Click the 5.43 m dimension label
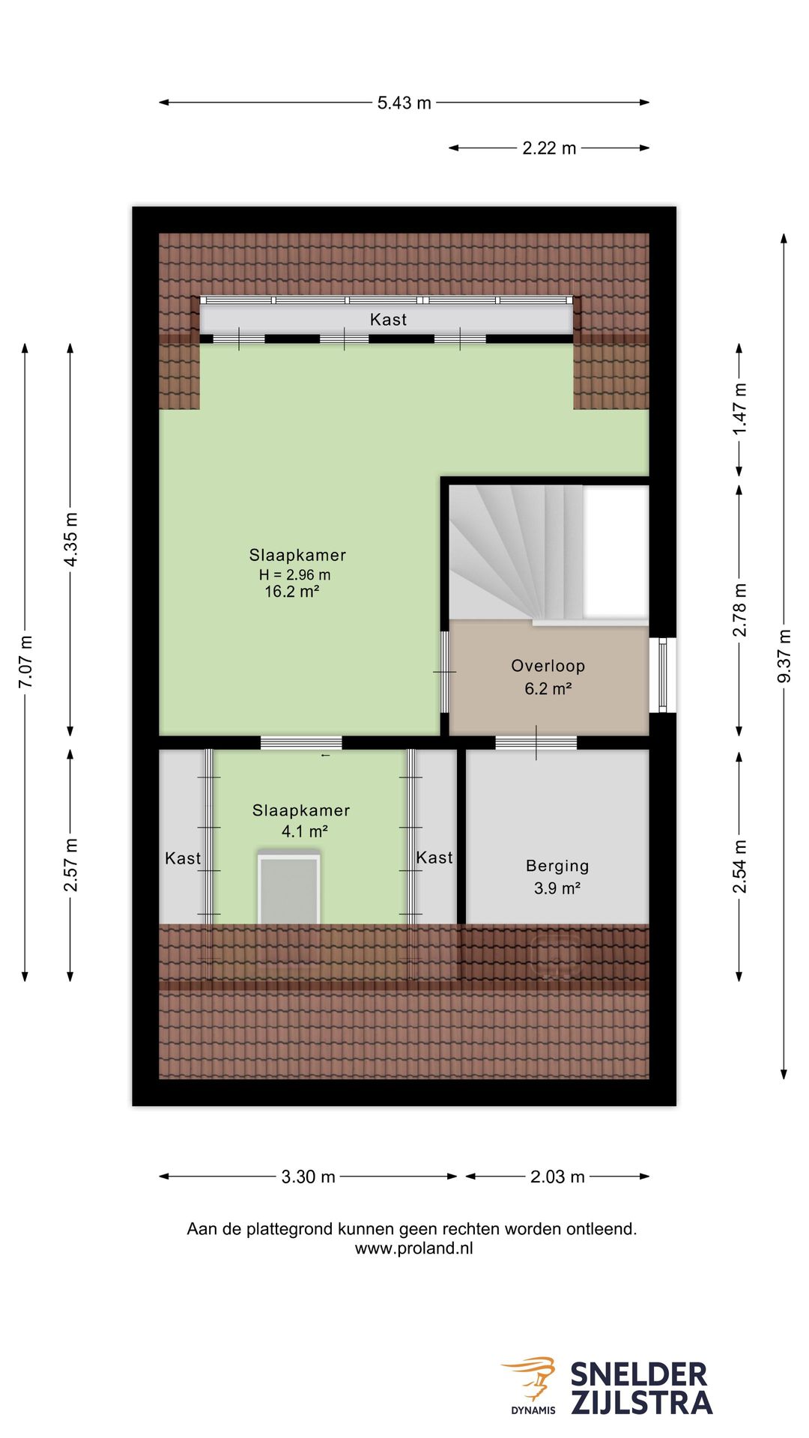(404, 103)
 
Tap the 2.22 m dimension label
(549, 148)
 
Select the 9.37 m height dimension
(784, 656)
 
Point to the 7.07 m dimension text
(25, 662)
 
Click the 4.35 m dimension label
(70, 540)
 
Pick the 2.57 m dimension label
(70, 865)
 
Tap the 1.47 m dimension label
(739, 409)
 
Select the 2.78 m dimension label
(739, 610)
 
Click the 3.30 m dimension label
(308, 1177)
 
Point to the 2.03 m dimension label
(557, 1177)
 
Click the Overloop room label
(548, 666)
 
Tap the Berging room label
(557, 867)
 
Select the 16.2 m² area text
(292, 592)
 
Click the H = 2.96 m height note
(294, 574)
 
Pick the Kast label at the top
(388, 320)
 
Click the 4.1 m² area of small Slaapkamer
(304, 831)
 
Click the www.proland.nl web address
(413, 1249)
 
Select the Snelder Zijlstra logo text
(641, 1389)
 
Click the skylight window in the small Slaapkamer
(289, 889)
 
